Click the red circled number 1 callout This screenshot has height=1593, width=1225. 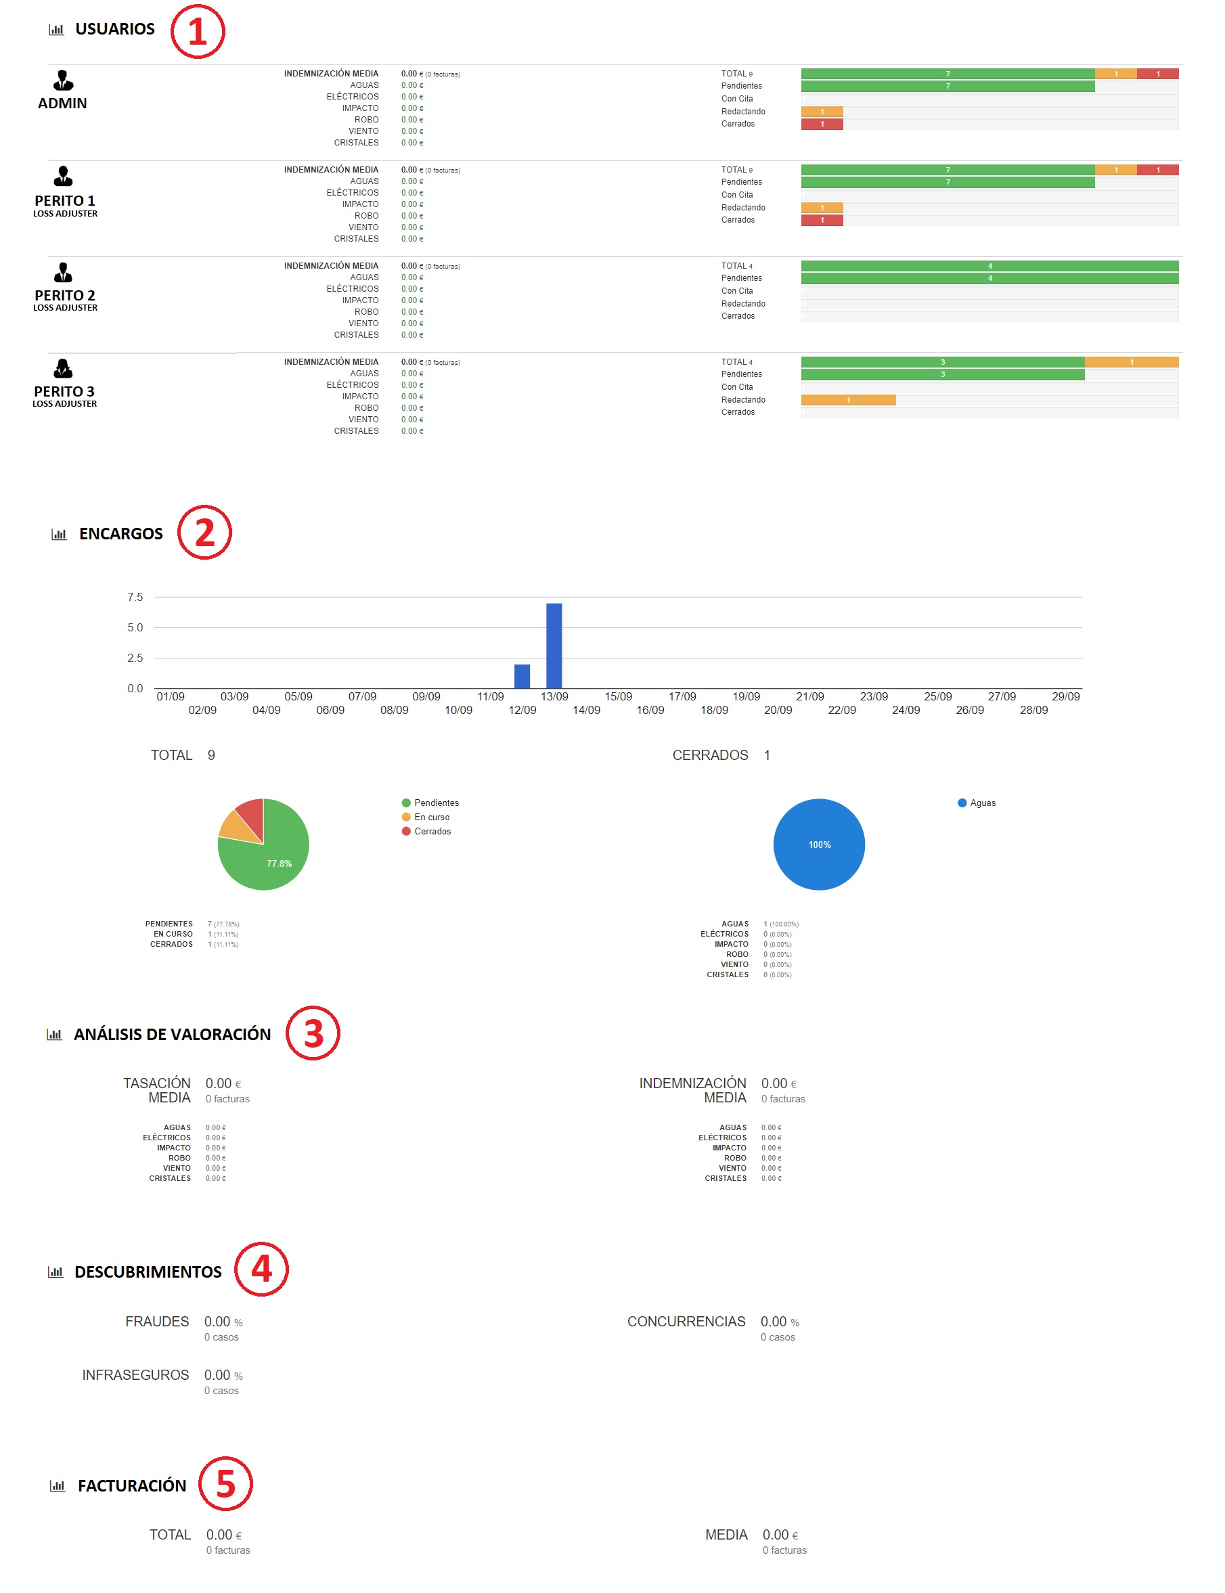198,31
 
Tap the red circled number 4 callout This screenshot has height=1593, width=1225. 262,1270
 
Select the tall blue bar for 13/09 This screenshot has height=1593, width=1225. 554,645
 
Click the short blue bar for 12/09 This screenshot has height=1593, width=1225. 522,676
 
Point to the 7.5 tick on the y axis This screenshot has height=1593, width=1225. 135,597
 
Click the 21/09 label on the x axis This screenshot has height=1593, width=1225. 810,696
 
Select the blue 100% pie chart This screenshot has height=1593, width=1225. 819,845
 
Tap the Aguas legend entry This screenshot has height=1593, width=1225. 977,803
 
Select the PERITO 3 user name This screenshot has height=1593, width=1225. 64,392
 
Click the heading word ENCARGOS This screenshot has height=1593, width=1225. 121,534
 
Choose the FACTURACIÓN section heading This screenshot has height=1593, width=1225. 132,1485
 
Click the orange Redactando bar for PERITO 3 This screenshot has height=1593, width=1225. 848,399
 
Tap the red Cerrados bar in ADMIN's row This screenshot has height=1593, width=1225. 822,124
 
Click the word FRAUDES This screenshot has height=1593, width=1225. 157,1321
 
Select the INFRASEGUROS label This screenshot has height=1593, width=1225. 135,1374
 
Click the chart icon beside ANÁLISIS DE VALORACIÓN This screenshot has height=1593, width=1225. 55,1034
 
